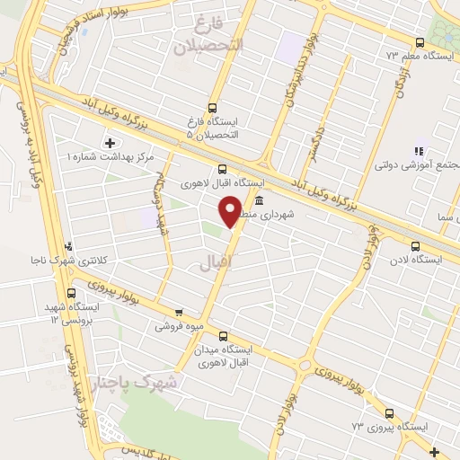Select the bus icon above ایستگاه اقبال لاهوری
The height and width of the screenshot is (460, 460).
[x=222, y=168]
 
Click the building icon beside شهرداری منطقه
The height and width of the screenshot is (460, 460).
[x=259, y=200]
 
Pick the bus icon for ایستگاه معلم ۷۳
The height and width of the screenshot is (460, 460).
[x=420, y=41]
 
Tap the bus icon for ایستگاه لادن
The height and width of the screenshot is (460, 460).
[x=414, y=245]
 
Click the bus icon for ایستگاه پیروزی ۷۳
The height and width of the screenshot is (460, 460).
[x=389, y=413]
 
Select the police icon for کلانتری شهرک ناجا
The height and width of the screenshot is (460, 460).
[x=68, y=247]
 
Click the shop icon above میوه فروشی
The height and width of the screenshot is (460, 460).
[x=178, y=313]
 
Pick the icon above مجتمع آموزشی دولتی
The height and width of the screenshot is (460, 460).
[x=416, y=152]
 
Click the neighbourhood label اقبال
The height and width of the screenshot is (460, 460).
[x=212, y=261]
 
